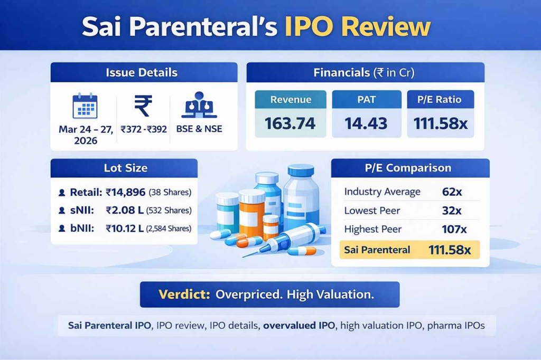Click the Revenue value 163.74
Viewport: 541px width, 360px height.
coord(290,123)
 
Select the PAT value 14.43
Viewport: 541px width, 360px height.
coord(366,123)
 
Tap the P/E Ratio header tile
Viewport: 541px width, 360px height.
coord(440,99)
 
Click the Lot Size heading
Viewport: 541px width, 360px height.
coord(125,168)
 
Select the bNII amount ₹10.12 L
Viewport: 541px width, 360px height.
coord(126,229)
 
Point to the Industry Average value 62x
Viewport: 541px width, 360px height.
coord(452,192)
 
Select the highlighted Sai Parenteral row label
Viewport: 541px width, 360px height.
coord(377,250)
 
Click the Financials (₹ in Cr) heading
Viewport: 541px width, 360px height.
coord(365,72)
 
